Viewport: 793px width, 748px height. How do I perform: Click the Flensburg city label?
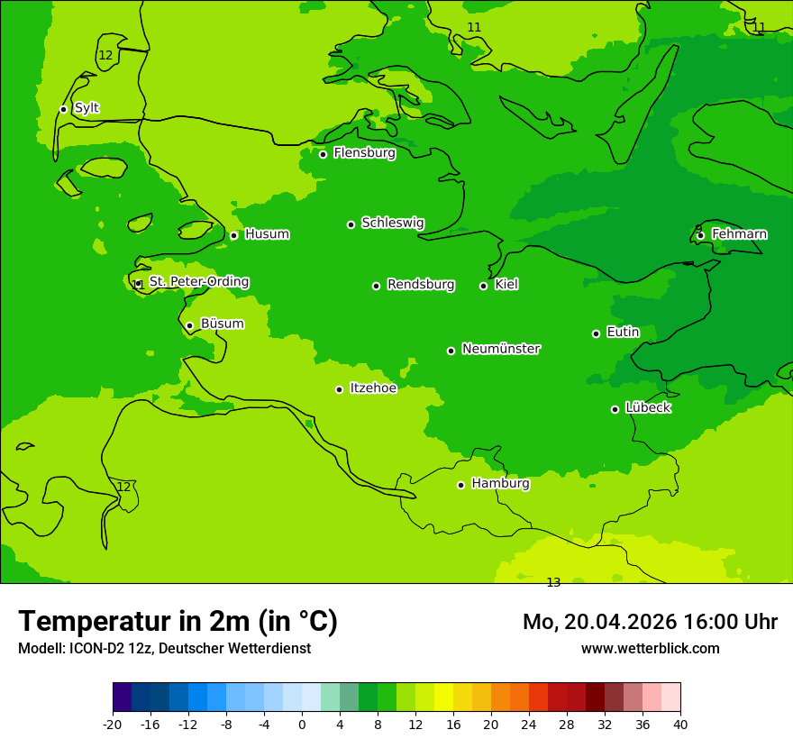click(364, 153)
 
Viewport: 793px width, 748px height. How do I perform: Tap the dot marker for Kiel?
click(483, 286)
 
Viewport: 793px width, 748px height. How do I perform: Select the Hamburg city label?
click(500, 484)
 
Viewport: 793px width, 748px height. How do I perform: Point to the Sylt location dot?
click(63, 109)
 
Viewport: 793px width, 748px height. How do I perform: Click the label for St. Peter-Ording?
click(199, 282)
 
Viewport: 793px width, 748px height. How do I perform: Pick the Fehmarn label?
click(739, 234)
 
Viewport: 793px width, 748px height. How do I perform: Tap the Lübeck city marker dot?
click(615, 409)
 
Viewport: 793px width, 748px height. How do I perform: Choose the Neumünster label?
click(501, 349)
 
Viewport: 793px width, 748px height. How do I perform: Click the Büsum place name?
click(222, 324)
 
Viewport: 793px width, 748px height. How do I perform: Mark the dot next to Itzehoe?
click(339, 389)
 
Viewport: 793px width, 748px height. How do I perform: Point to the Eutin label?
click(623, 333)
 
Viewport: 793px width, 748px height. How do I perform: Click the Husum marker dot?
click(233, 235)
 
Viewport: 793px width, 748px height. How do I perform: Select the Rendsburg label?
click(421, 285)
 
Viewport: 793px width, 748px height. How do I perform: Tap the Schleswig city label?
click(393, 223)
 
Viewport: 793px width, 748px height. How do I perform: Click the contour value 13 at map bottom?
click(553, 582)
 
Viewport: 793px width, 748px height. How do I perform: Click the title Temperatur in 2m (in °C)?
click(178, 621)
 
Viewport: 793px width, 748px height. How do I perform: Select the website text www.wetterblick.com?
click(650, 648)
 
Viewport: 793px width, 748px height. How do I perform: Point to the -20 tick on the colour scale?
click(113, 724)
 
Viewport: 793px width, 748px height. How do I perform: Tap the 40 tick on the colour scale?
click(680, 724)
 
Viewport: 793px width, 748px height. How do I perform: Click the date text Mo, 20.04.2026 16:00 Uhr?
click(650, 622)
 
